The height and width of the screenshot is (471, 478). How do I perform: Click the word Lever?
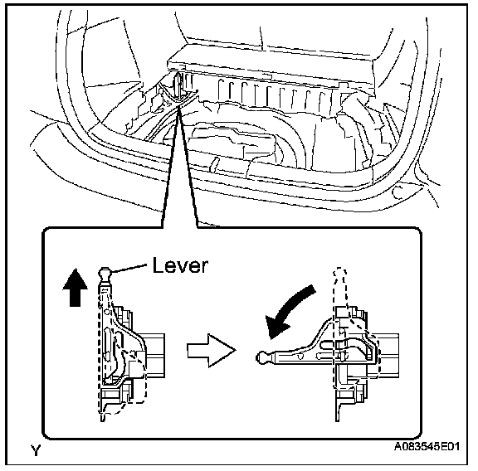pyautogui.click(x=180, y=265)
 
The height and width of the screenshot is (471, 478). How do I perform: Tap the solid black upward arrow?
pyautogui.click(x=75, y=287)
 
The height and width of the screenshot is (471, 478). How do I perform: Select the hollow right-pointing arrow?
pyautogui.click(x=212, y=351)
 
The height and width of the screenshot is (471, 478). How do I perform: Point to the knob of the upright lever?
pyautogui.click(x=105, y=274)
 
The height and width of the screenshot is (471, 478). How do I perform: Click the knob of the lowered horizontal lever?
pyautogui.click(x=262, y=357)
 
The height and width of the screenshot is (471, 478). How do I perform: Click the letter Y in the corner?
pyautogui.click(x=36, y=450)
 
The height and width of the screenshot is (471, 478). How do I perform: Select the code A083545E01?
pyautogui.click(x=427, y=446)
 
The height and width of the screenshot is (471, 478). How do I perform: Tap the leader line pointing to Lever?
pyautogui.click(x=129, y=268)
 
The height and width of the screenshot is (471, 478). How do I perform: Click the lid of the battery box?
pyautogui.click(x=270, y=66)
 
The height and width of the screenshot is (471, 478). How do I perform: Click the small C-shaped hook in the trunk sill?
pyautogui.click(x=397, y=192)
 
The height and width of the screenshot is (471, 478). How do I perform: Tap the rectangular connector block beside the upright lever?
pyautogui.click(x=155, y=356)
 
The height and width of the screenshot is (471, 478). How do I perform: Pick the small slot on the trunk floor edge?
pyautogui.click(x=214, y=163)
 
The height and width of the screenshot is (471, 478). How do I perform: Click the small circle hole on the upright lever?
pyautogui.click(x=107, y=312)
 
